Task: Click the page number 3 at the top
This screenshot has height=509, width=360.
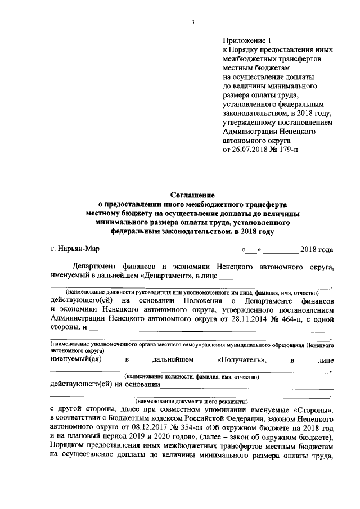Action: (x=192, y=22)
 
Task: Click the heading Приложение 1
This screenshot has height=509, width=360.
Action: (x=247, y=41)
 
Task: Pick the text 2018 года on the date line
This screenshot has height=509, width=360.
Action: (x=317, y=250)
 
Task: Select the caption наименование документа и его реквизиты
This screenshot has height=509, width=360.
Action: (x=191, y=402)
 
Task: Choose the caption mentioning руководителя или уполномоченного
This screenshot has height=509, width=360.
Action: (x=191, y=293)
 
